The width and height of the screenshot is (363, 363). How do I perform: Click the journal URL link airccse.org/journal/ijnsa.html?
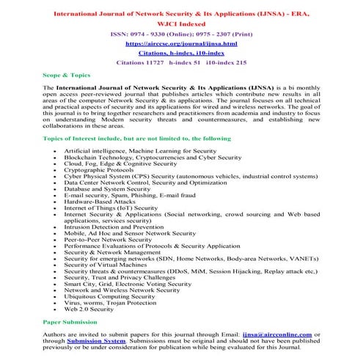click(x=180, y=43)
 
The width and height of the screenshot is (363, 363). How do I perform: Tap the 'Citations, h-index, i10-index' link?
click(x=180, y=54)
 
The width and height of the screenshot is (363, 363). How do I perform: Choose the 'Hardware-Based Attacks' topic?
click(x=107, y=201)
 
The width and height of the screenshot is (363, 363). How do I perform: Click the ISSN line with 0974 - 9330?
click(x=180, y=33)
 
